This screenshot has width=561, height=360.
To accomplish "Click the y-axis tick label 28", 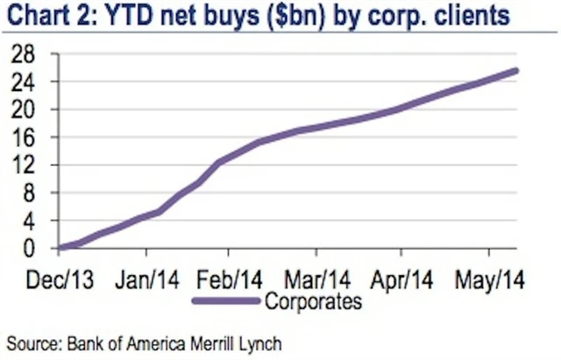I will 33,54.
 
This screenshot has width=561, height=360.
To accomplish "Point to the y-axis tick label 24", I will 33,82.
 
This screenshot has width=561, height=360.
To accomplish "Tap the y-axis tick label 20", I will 33,110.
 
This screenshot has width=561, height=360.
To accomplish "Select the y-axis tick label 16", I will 33,138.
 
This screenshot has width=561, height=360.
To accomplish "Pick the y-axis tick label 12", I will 33,166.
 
